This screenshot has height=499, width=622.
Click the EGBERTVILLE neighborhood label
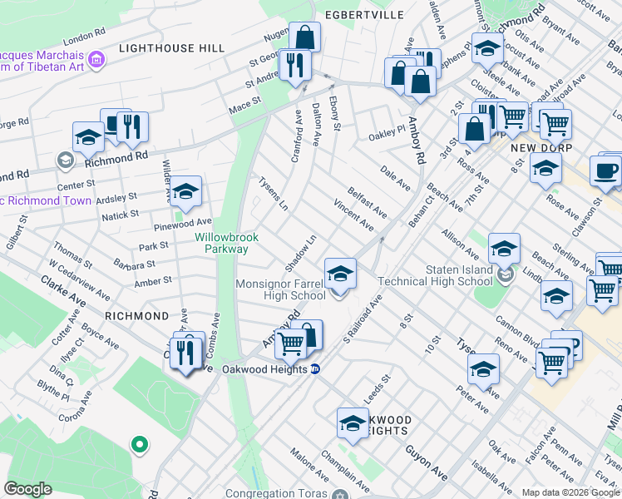point(364,15)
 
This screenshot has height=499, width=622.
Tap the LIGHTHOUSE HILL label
point(171,48)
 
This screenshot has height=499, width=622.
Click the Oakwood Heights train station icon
point(315,370)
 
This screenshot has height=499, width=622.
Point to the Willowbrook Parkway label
point(227,243)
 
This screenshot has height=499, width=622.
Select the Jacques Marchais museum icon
point(97,59)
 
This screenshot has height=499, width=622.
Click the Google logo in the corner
point(27,489)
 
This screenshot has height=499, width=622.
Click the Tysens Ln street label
point(273,193)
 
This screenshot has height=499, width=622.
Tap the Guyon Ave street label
point(427,462)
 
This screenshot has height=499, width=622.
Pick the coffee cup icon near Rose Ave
point(605,170)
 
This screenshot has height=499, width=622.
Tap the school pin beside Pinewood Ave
point(187,192)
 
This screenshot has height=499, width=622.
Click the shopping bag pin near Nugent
point(305,37)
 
